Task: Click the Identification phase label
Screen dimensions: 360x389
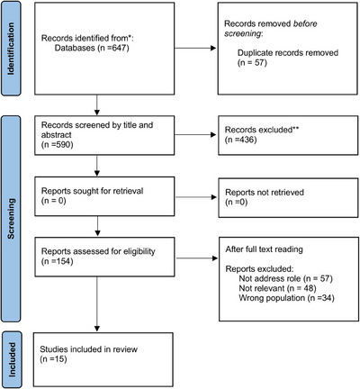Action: point(11,49)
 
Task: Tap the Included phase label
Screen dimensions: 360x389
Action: point(12,359)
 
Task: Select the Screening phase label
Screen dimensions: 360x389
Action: point(11,219)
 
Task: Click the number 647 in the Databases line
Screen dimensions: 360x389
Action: point(119,48)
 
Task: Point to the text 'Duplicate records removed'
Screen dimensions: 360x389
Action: point(288,53)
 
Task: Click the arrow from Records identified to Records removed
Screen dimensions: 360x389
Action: point(195,48)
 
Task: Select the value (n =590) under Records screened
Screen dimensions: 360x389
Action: point(57,145)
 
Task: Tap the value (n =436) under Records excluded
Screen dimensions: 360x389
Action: point(241,140)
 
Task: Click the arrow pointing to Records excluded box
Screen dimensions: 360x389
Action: point(195,134)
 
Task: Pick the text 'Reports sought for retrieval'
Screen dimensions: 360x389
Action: point(92,191)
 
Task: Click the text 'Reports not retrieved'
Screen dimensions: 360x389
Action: point(265,192)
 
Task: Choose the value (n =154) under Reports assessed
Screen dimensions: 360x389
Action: point(57,261)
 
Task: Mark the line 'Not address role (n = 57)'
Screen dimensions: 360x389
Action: point(285,278)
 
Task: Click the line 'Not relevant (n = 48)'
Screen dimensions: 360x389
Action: point(277,288)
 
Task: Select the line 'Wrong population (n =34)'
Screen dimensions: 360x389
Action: point(286,298)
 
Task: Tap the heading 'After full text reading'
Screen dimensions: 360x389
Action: point(264,249)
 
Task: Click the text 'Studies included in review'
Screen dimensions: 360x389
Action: point(88,349)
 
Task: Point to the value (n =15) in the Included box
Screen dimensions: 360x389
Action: point(53,359)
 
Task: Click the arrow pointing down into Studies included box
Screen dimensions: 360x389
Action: point(97,304)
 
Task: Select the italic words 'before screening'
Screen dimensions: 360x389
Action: point(271,29)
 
